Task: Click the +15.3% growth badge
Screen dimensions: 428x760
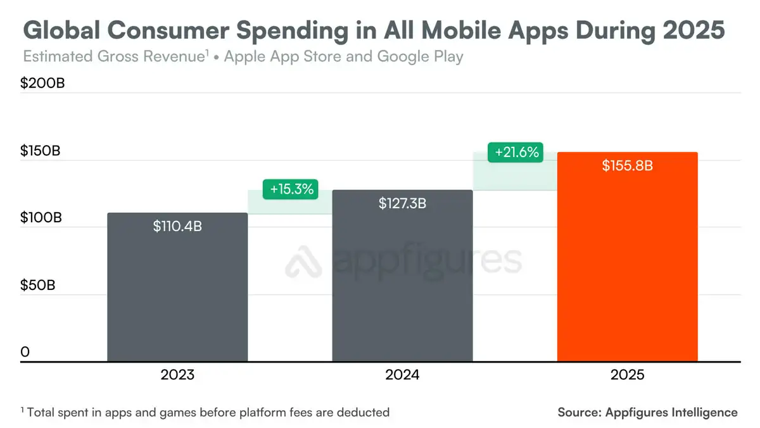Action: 292,189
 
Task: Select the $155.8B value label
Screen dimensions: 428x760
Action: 627,167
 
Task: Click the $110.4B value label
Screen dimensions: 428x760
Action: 177,226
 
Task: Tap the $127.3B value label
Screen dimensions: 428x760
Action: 402,203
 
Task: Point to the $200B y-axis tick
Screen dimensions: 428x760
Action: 43,84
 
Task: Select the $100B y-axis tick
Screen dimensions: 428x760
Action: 41,218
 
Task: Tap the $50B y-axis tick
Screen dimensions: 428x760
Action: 38,285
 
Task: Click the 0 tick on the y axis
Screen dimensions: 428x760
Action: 25,352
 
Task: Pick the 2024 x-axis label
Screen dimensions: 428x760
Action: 402,375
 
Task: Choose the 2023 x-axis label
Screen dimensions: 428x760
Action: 177,375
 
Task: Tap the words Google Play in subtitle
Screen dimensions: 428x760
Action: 420,56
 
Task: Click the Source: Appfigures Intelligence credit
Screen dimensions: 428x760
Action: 647,412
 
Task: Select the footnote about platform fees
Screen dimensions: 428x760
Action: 206,412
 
